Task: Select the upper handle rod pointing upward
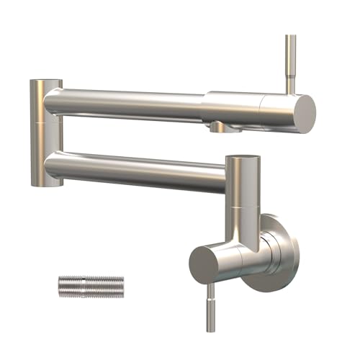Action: (291, 61)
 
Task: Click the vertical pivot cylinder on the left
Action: (45, 133)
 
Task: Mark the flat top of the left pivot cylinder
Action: (45, 81)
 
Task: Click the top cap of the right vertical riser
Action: (240, 158)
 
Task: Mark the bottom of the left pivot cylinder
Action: (45, 183)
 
